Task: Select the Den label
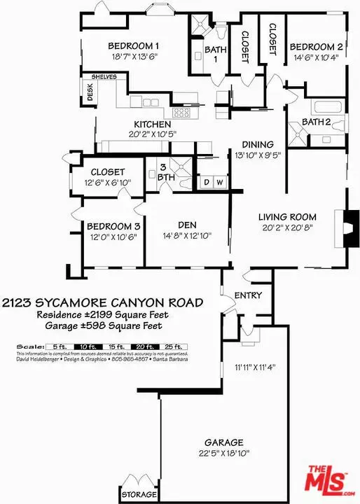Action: (x=186, y=225)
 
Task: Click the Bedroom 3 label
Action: (x=114, y=226)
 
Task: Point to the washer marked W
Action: (x=219, y=183)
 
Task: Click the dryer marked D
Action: (x=207, y=183)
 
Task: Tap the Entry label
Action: (x=247, y=295)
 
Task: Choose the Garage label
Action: (x=223, y=442)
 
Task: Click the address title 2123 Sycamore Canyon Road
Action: (x=103, y=303)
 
